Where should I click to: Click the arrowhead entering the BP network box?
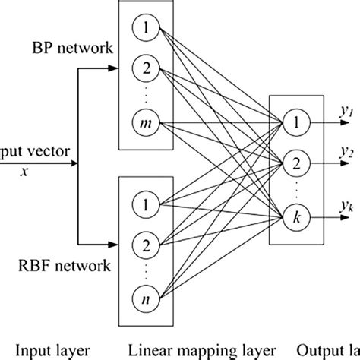pos(114,72)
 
